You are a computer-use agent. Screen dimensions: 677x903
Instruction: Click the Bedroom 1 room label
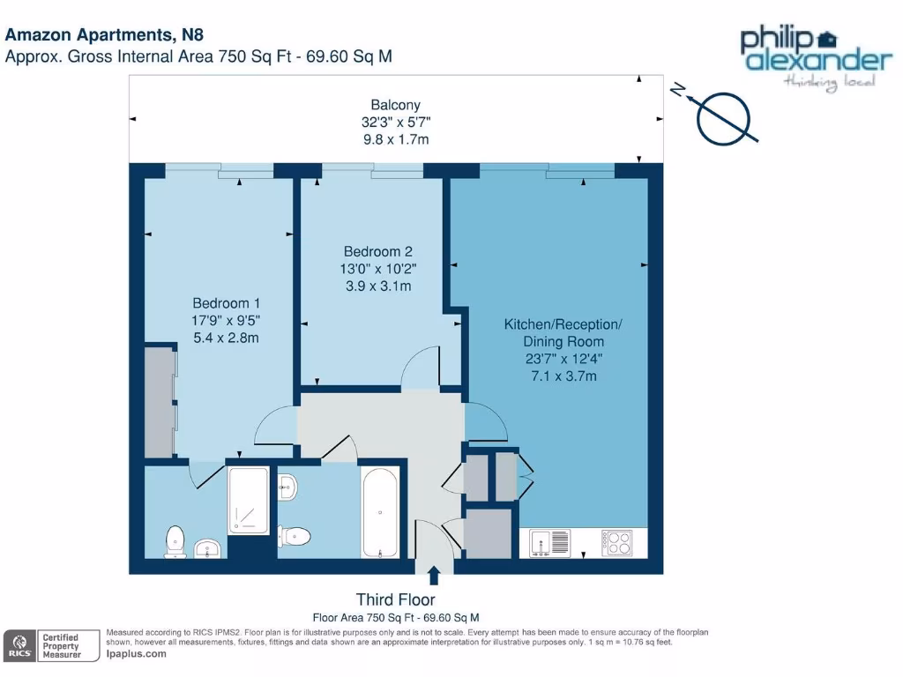pyautogui.click(x=227, y=304)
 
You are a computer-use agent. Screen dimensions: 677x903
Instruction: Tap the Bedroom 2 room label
pyautogui.click(x=377, y=252)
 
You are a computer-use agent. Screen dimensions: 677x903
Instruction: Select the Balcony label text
pyautogui.click(x=389, y=104)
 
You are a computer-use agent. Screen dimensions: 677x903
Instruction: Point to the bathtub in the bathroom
pyautogui.click(x=380, y=512)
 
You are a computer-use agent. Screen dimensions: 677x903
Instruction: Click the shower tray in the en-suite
pyautogui.click(x=248, y=502)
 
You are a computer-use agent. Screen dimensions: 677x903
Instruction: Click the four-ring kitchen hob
pyautogui.click(x=617, y=542)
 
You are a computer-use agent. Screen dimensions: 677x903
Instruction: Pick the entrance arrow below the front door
pyautogui.click(x=433, y=577)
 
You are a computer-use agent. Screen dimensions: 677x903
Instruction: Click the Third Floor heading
pyautogui.click(x=395, y=600)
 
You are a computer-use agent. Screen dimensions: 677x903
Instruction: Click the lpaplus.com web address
pyautogui.click(x=136, y=654)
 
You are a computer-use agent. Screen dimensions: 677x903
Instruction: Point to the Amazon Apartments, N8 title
pyautogui.click(x=104, y=36)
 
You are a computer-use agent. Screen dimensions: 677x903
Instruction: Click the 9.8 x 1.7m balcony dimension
pyautogui.click(x=389, y=139)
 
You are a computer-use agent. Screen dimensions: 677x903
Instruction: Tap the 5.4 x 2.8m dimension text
pyautogui.click(x=227, y=338)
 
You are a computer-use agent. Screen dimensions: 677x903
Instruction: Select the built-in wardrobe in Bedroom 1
pyautogui.click(x=160, y=402)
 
